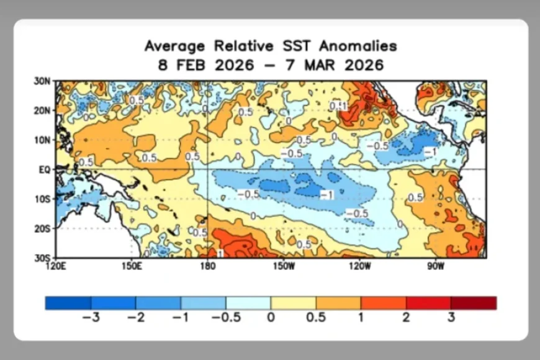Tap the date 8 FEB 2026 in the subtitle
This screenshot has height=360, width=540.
point(205,65)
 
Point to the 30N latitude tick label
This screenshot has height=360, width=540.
point(42,81)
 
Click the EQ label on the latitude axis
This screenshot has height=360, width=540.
point(44,169)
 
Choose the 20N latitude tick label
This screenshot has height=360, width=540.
point(42,110)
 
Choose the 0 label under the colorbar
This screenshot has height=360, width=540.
point(271,317)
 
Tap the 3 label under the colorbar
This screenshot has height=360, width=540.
point(451,317)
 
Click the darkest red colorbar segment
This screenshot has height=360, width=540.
point(474,303)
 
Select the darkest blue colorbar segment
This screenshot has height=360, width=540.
point(68,303)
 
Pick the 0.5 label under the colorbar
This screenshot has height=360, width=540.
point(315,317)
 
